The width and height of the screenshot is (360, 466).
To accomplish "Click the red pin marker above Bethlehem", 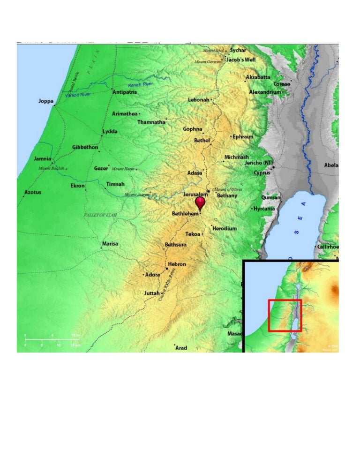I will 200,203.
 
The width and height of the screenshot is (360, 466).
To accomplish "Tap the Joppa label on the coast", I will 46,101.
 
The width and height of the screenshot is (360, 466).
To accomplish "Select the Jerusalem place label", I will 195,194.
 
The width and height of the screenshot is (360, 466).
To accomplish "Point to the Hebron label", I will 177,264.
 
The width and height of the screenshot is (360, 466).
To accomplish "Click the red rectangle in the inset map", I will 285,316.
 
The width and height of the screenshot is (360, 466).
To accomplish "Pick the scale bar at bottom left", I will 53,340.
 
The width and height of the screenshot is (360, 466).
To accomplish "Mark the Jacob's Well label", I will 241,60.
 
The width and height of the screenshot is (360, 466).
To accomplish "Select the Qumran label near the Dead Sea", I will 271,198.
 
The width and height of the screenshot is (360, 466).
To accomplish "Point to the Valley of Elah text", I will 100,215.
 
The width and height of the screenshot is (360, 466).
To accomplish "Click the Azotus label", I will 33,192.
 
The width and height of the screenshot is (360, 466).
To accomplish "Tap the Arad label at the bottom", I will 181,348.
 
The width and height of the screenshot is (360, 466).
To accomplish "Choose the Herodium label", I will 225,228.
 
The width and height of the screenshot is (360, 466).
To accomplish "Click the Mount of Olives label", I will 228,189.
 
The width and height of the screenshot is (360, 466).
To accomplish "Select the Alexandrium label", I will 265,92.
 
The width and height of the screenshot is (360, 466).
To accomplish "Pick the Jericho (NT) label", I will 259,163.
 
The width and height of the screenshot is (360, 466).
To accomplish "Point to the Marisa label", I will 110,244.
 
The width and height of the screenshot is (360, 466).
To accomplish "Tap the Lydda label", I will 110,132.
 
